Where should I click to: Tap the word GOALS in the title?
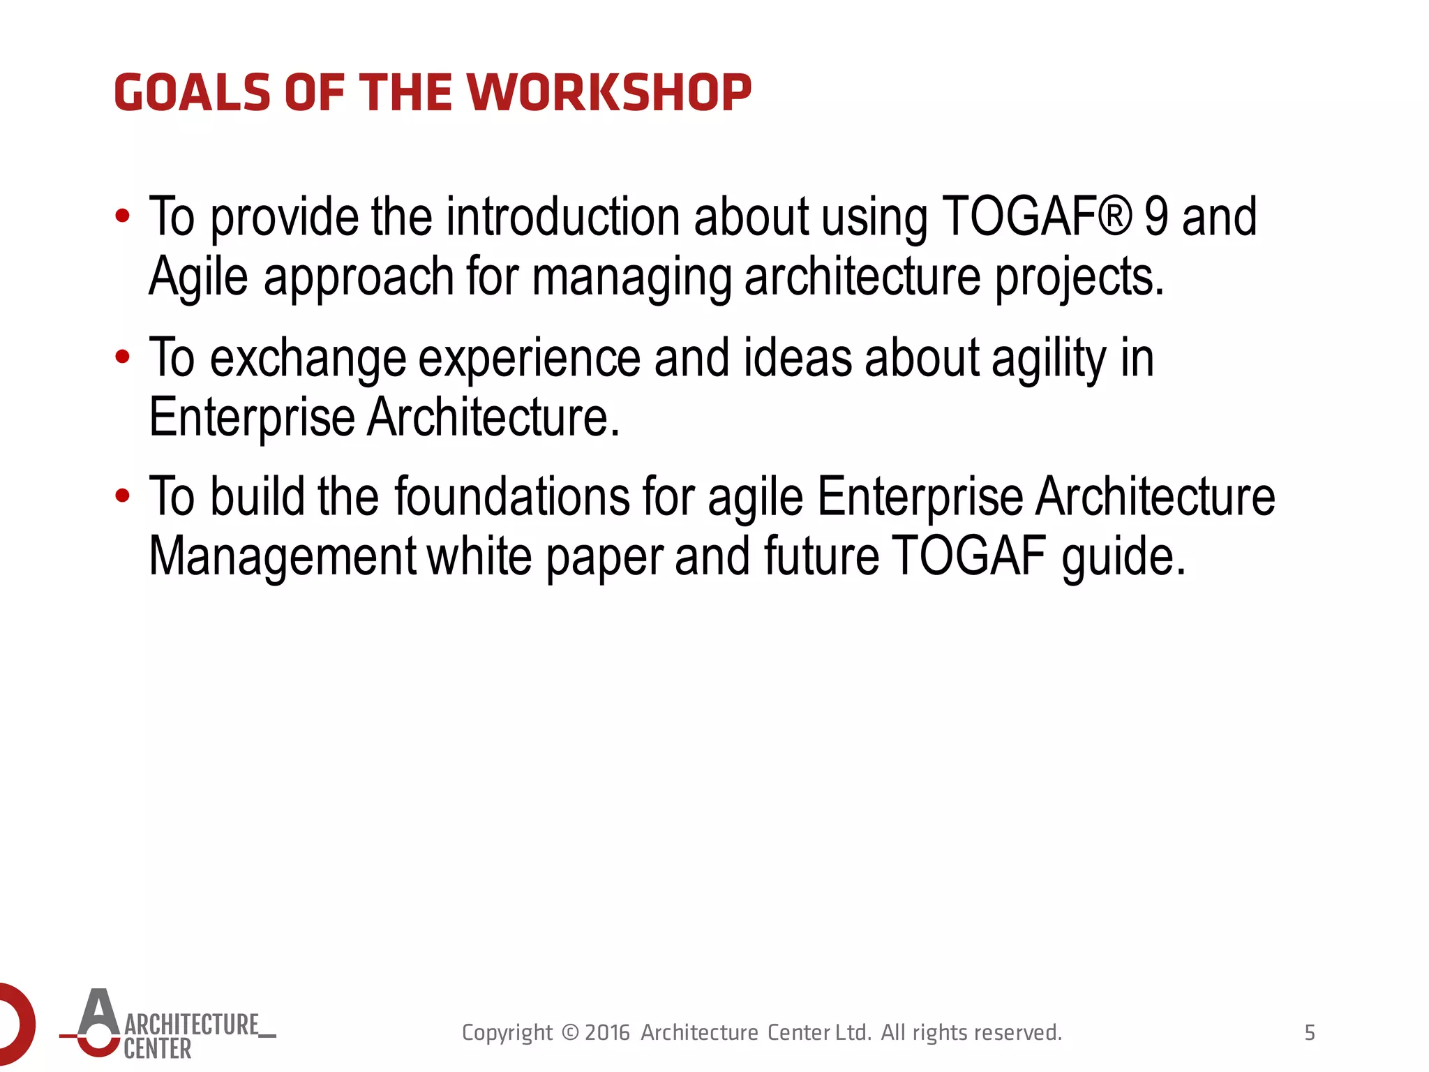click(x=192, y=93)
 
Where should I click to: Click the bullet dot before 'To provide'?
click(x=123, y=216)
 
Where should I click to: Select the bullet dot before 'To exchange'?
click(x=123, y=357)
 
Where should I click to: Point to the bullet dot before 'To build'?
click(x=123, y=496)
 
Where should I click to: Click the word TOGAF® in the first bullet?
click(x=1036, y=217)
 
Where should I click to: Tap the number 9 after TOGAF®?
click(x=1156, y=217)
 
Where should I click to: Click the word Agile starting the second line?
click(x=198, y=277)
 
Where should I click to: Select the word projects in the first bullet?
click(x=1079, y=277)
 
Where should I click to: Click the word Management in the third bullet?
click(x=283, y=556)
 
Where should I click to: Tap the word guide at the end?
click(x=1123, y=558)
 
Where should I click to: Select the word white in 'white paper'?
click(x=479, y=556)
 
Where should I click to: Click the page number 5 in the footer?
click(x=1310, y=1032)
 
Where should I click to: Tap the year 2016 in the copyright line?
click(x=607, y=1032)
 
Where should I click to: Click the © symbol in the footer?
click(x=570, y=1032)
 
